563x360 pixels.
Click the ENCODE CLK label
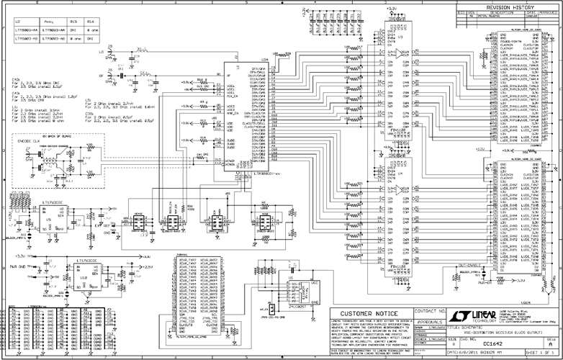[x=30, y=141]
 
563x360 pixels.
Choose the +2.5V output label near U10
[x=141, y=265]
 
